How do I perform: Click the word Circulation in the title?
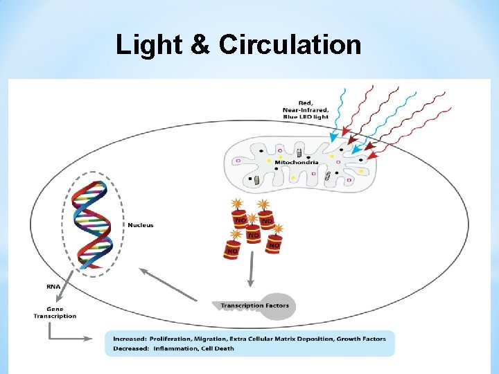pyautogui.click(x=290, y=45)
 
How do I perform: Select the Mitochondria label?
pyautogui.click(x=297, y=162)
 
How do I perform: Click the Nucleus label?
pyautogui.click(x=141, y=224)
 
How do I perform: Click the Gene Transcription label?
pyautogui.click(x=55, y=312)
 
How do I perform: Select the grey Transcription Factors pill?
pyautogui.click(x=254, y=305)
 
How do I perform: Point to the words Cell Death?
pyautogui.click(x=218, y=348)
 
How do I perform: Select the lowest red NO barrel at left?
pyautogui.click(x=231, y=249)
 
